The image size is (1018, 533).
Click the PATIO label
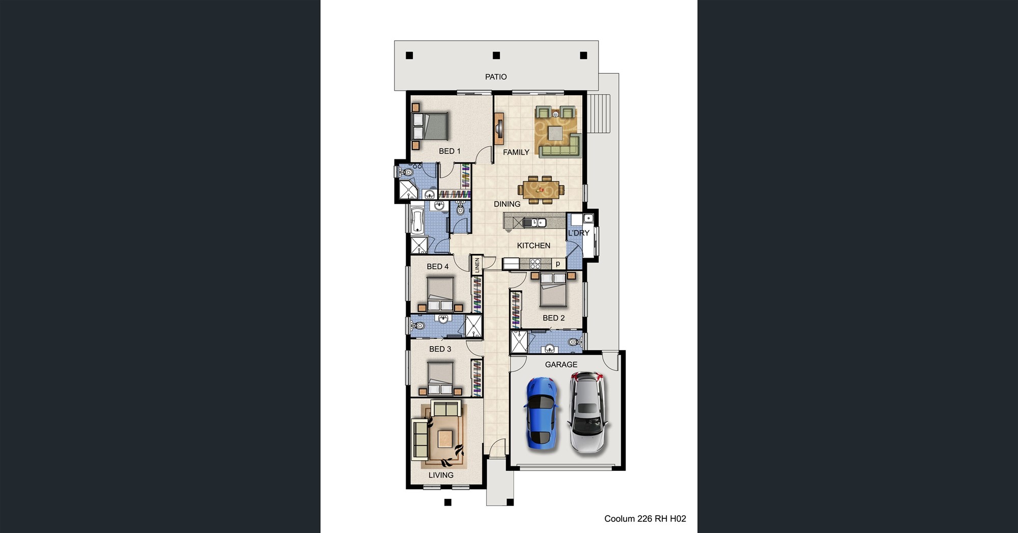(496, 77)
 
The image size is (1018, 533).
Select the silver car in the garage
(587, 412)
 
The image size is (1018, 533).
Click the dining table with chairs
(541, 189)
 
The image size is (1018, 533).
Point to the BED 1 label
(449, 151)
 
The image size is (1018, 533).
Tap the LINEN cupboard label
(477, 265)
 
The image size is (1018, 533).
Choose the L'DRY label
(579, 233)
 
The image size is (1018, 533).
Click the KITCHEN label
(533, 245)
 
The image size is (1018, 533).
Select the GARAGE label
(561, 364)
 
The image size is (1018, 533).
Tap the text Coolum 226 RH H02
(645, 519)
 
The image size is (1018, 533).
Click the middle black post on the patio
(496, 55)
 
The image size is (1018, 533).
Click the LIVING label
(441, 475)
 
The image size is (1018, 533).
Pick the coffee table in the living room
(445, 438)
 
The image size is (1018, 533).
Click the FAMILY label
(516, 152)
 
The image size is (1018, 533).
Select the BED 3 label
(440, 349)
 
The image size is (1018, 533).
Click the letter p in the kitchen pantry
(558, 264)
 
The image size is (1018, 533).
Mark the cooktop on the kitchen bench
(535, 264)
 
